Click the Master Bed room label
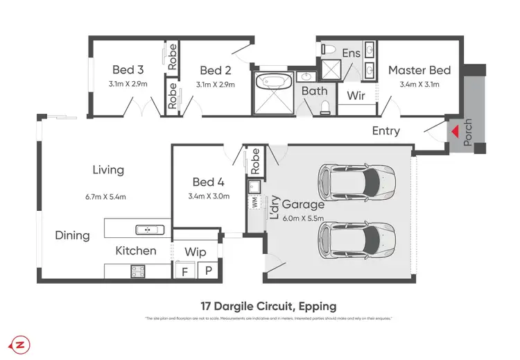419,70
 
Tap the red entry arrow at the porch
454,130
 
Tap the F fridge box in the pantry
184,271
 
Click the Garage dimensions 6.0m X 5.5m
301,218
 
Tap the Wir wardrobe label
356,96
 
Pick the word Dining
73,235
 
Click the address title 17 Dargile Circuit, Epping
268,306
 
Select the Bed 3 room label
128,70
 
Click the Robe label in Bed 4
255,161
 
